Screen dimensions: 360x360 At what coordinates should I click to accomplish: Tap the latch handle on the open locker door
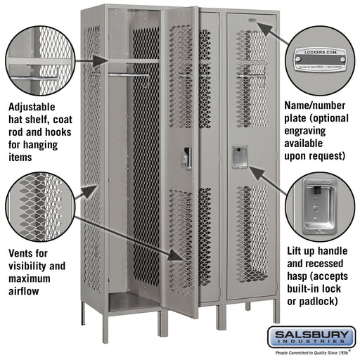tap(186, 158)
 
